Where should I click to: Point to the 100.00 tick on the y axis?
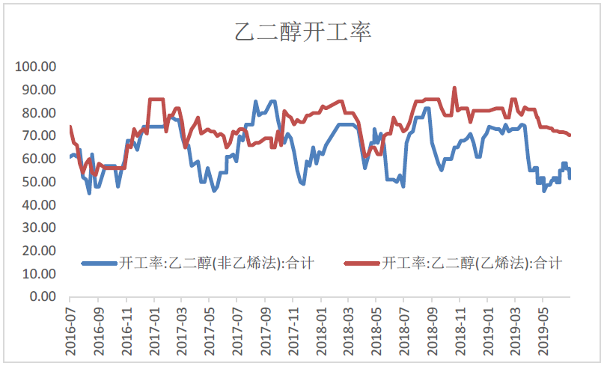point(35,67)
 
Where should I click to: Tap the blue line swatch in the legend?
point(99,263)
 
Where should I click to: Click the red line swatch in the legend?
point(362,263)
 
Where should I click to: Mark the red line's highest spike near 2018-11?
point(454,88)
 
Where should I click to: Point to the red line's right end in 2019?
point(570,135)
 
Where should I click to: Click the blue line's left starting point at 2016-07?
point(70,157)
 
